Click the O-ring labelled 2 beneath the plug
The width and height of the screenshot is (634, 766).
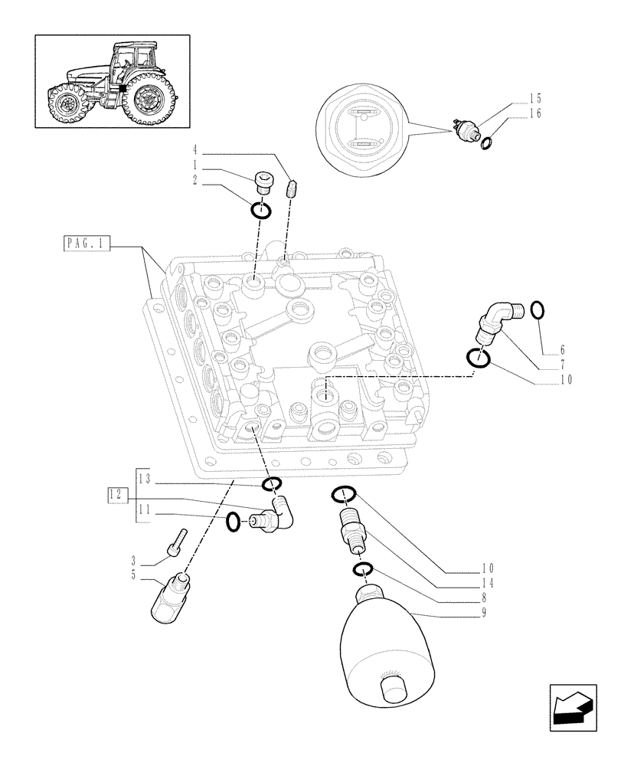(260, 209)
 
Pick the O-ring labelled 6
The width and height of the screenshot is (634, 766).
(538, 310)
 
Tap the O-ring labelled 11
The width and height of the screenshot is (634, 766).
(234, 522)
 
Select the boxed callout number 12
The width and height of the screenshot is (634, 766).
(116, 494)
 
